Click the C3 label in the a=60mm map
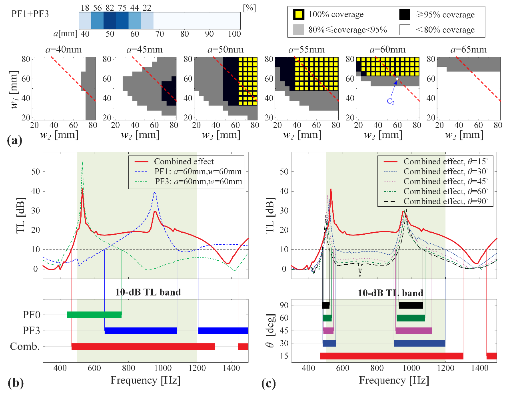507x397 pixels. pyautogui.click(x=390, y=102)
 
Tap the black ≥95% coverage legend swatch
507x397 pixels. pyautogui.click(x=405, y=14)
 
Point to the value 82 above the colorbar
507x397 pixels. pyautogui.click(x=110, y=8)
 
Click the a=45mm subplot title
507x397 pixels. pyautogui.click(x=144, y=50)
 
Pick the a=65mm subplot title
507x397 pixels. pyautogui.click(x=468, y=50)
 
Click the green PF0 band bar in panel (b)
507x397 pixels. pyautogui.click(x=94, y=315)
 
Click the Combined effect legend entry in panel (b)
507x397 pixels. pyautogui.click(x=184, y=162)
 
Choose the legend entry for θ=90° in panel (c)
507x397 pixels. pyautogui.click(x=446, y=201)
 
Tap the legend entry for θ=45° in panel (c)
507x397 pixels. pyautogui.click(x=446, y=182)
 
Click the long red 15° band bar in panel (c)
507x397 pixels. pyautogui.click(x=391, y=356)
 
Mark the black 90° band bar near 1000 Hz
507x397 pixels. pyautogui.click(x=411, y=305)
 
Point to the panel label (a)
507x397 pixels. pyautogui.click(x=15, y=140)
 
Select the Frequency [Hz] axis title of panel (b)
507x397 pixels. pyautogui.click(x=146, y=380)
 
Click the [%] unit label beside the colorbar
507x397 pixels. pyautogui.click(x=249, y=8)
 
